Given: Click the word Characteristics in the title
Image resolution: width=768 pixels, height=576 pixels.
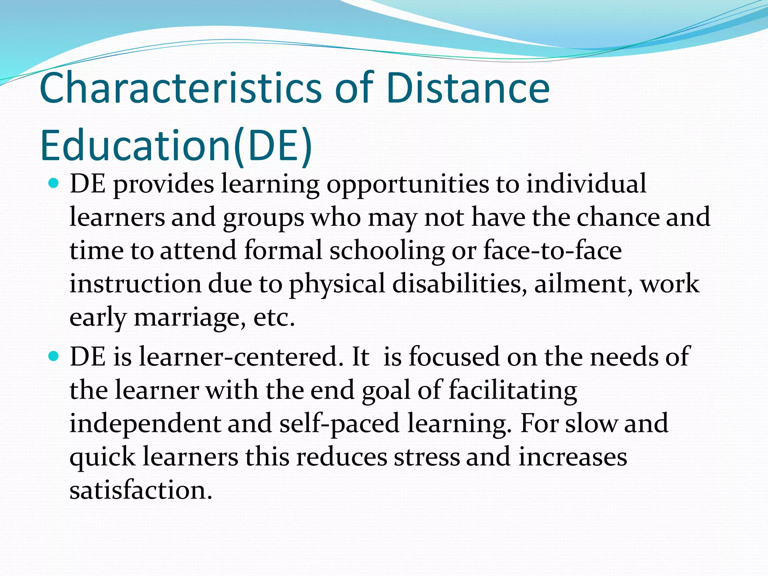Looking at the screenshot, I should click(x=180, y=88).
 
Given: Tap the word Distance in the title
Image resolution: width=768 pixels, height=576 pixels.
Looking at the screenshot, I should click(x=467, y=88).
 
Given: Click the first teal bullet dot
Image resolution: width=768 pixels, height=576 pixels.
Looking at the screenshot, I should click(x=54, y=184).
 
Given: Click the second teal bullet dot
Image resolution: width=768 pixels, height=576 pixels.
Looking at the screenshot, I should click(x=54, y=356).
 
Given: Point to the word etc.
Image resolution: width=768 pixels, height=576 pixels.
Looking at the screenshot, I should click(x=274, y=318).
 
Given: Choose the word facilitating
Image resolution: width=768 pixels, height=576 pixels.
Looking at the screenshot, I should click(x=513, y=390).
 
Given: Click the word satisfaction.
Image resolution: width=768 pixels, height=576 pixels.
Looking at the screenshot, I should click(x=141, y=490).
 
